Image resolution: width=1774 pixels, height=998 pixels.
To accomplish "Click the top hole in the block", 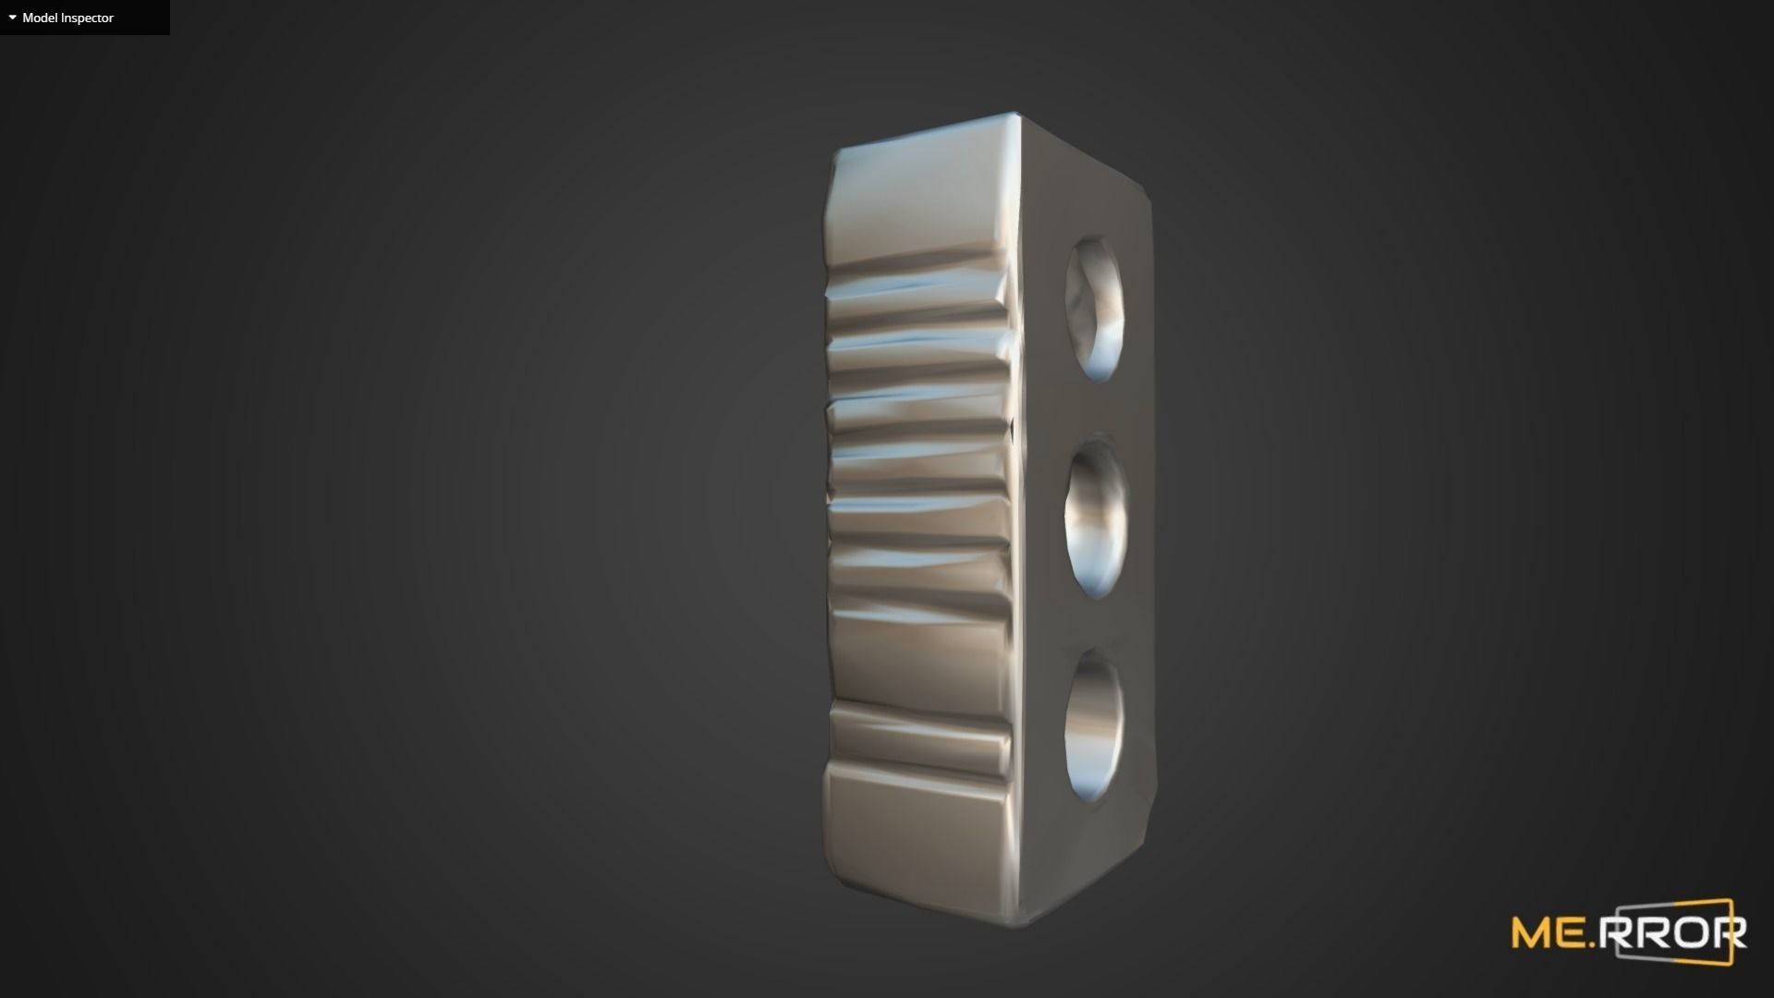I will tap(1096, 310).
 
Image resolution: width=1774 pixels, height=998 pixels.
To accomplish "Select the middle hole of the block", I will tap(1097, 517).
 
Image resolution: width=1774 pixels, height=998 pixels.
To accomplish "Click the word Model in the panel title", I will tap(40, 18).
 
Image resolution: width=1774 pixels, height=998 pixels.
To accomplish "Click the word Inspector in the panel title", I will tap(87, 18).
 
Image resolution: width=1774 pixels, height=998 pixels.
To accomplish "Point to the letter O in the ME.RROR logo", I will tap(1694, 934).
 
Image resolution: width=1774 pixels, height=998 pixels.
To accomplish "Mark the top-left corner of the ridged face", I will tap(836, 152).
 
